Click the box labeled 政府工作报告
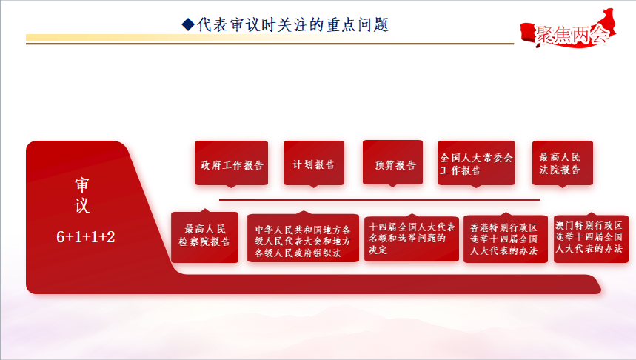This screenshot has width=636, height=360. click(231, 163)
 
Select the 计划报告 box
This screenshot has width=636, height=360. click(314, 163)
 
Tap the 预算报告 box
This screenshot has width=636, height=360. click(392, 163)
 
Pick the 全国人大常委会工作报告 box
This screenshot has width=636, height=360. click(476, 163)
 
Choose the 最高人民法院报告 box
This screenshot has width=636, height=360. click(563, 163)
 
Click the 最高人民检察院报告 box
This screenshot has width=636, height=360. click(205, 237)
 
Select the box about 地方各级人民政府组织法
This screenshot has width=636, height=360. click(303, 239)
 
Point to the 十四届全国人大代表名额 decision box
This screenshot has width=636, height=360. click(412, 239)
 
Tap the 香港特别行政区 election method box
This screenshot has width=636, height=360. click(506, 239)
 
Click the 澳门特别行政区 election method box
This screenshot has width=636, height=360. click(591, 239)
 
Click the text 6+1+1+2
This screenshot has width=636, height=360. click(86, 236)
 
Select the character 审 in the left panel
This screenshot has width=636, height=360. click(82, 184)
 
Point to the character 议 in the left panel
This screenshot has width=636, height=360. click(82, 205)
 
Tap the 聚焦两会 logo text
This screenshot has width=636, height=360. click(572, 35)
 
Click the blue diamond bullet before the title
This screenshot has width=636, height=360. click(188, 24)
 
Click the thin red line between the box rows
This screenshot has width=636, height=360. click(379, 200)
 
